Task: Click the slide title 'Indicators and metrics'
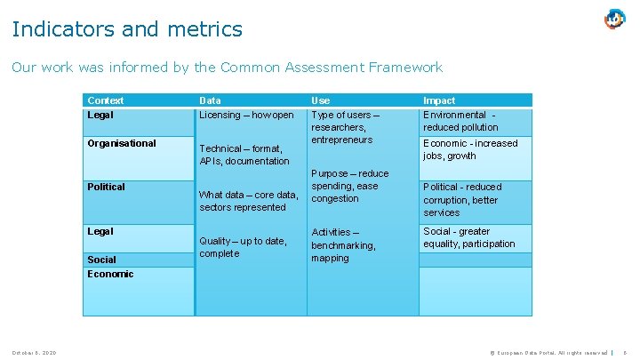[x=127, y=29]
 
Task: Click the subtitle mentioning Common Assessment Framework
[x=227, y=67]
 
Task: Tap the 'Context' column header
[x=106, y=100]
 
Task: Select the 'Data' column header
[x=211, y=100]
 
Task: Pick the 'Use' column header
[x=320, y=100]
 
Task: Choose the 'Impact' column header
[x=439, y=100]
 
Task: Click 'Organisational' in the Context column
[x=122, y=143]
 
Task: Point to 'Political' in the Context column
[x=106, y=187]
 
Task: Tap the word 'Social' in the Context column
[x=101, y=260]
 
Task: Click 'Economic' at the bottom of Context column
[x=110, y=274]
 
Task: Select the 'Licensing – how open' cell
[x=246, y=115]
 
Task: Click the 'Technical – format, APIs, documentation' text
[x=244, y=155]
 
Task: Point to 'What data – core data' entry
[x=249, y=201]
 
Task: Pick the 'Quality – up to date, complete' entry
[x=243, y=247]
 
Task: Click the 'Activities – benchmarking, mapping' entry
[x=343, y=245]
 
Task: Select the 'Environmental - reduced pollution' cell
[x=460, y=121]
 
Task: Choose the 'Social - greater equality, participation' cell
[x=468, y=237]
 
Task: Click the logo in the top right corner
[x=615, y=19]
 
